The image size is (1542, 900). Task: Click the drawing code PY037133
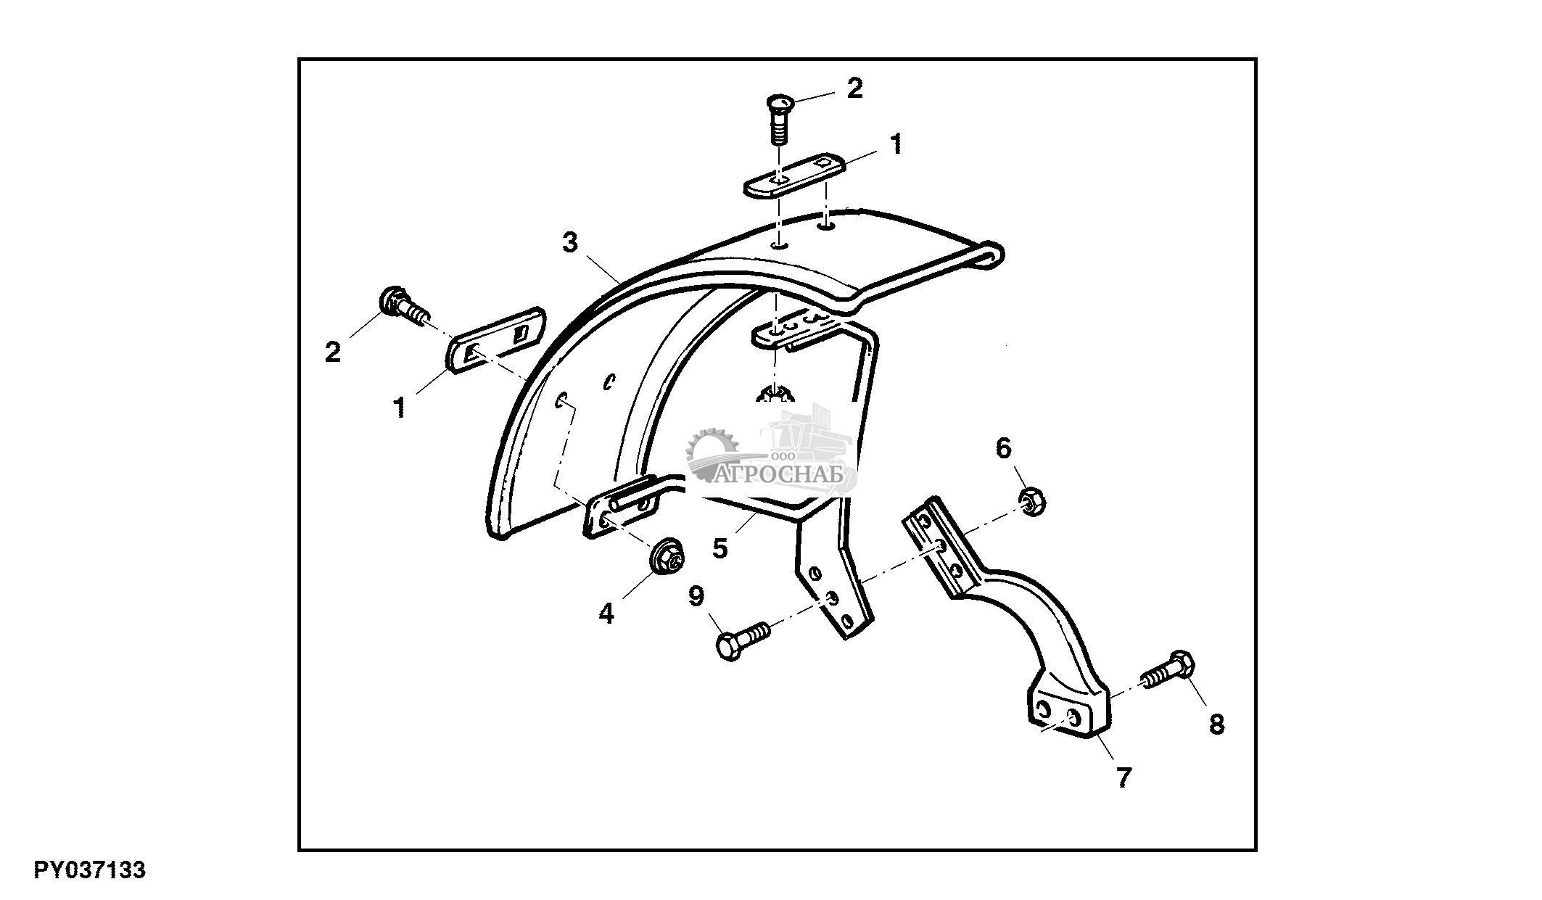89,870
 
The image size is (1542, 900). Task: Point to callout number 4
606,614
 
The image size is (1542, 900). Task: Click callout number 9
696,597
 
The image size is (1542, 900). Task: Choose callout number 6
1003,449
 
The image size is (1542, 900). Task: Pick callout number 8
1216,724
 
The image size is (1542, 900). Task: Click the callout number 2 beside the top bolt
855,88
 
